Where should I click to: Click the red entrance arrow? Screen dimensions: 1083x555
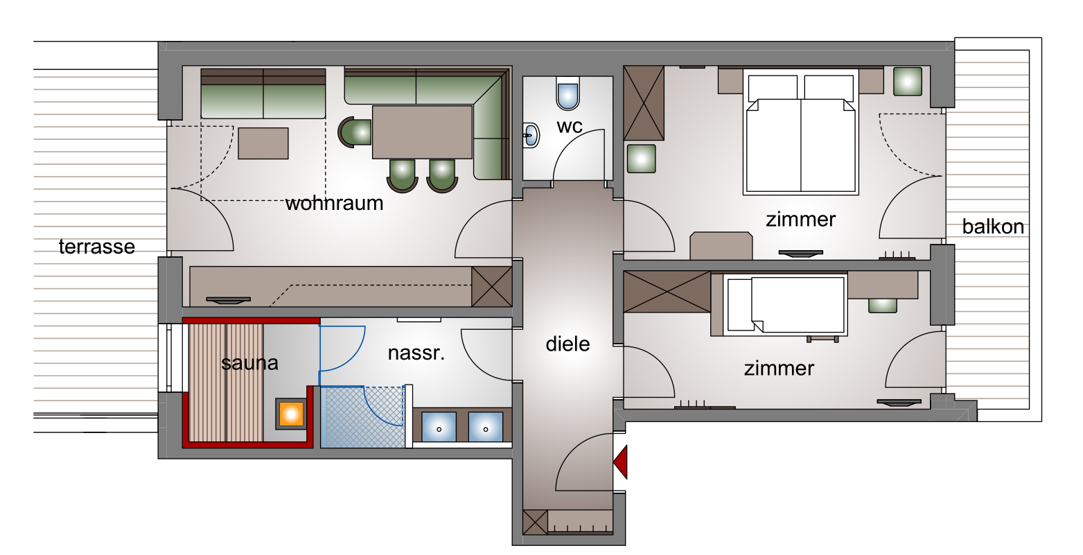pyautogui.click(x=622, y=462)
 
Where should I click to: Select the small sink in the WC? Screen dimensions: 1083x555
pyautogui.click(x=531, y=135)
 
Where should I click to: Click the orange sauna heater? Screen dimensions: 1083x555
pyautogui.click(x=291, y=414)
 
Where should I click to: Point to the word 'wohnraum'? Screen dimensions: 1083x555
pyautogui.click(x=334, y=203)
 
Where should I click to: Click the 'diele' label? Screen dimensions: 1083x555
pyautogui.click(x=567, y=344)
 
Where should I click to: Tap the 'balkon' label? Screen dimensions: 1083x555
pyautogui.click(x=993, y=227)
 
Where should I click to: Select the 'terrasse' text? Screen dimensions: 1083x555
pyautogui.click(x=97, y=247)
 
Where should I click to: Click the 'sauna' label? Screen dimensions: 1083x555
pyautogui.click(x=249, y=362)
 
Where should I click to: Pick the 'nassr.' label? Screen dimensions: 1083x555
pyautogui.click(x=416, y=353)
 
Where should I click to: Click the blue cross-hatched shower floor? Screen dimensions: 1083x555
pyautogui.click(x=362, y=416)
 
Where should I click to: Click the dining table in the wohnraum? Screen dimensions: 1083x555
pyautogui.click(x=422, y=132)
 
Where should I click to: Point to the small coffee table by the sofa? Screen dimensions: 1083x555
pyautogui.click(x=263, y=143)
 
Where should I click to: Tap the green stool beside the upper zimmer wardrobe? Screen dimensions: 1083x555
pyautogui.click(x=641, y=159)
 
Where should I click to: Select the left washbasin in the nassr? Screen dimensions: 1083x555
pyautogui.click(x=439, y=426)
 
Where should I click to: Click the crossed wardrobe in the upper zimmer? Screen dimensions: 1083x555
pyautogui.click(x=644, y=103)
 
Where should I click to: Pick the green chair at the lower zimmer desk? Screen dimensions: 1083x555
pyautogui.click(x=882, y=306)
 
